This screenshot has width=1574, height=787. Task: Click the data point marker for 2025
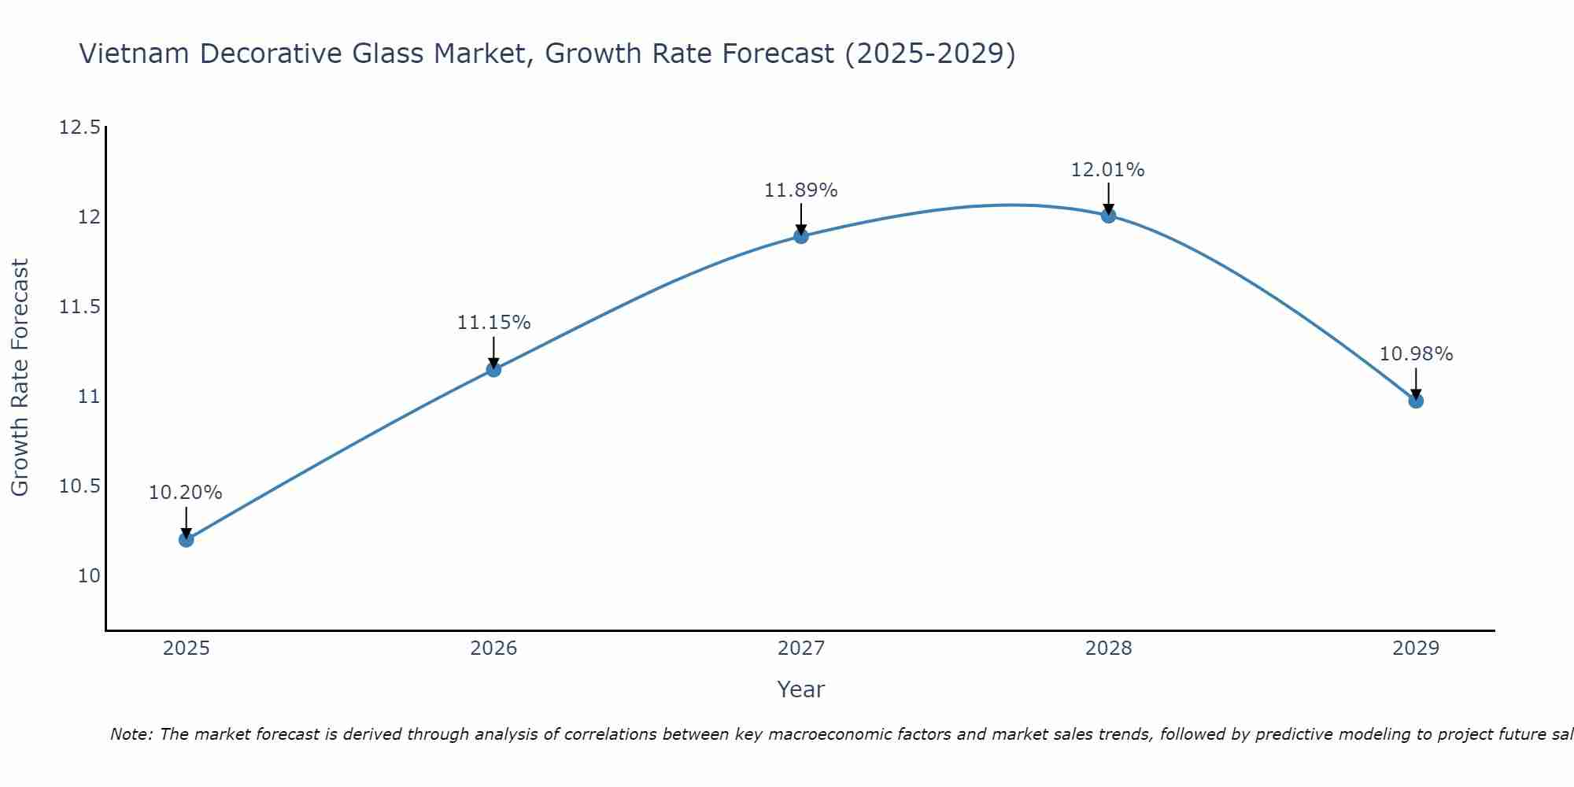pos(186,539)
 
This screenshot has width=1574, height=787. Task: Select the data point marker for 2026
pos(493,369)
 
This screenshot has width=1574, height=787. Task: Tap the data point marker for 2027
pos(801,236)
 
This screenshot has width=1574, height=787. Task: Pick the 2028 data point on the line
pos(1108,215)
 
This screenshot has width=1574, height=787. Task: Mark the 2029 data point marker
pos(1416,401)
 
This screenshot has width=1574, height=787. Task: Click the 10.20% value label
pos(186,493)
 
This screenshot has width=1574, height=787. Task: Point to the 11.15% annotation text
pos(493,323)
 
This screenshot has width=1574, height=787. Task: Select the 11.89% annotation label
pos(801,190)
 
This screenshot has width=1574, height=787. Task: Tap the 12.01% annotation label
pos(1108,170)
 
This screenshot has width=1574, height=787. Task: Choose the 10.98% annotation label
pos(1416,354)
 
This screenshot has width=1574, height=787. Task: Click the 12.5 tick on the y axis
pos(79,127)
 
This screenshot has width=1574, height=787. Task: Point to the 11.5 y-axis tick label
pos(79,307)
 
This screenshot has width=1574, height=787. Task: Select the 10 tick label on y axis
pos(89,576)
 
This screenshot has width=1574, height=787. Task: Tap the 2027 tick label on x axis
pos(801,648)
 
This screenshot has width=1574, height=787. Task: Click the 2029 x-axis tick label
pos(1416,648)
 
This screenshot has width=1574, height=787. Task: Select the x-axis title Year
pos(800,689)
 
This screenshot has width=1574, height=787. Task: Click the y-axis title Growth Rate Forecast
pos(20,378)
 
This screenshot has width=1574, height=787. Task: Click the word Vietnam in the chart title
pos(135,54)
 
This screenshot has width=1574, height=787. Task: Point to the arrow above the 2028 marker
pos(1108,199)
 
